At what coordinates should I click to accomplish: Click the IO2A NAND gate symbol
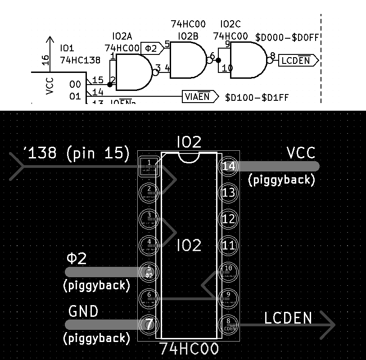(x=134, y=72)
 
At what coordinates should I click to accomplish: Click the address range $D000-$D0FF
(x=287, y=37)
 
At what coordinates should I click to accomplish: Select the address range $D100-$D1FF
(x=257, y=97)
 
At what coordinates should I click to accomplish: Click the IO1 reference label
(x=67, y=48)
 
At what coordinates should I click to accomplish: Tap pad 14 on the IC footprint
(x=229, y=166)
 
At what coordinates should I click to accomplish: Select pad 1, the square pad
(x=149, y=166)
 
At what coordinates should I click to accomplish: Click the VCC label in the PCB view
(x=301, y=153)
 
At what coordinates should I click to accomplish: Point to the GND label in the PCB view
(x=83, y=311)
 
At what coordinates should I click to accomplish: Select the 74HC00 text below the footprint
(x=189, y=349)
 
